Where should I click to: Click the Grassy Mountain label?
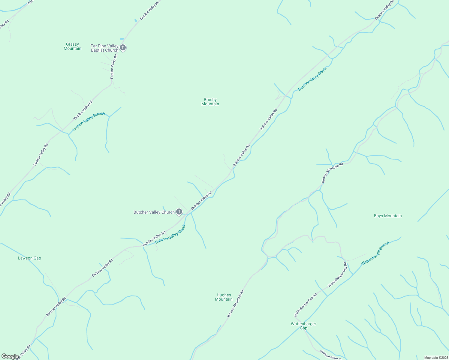(72, 46)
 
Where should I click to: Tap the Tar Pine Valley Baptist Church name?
(104, 48)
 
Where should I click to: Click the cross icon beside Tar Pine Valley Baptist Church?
(122, 47)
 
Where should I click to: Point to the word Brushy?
(210, 100)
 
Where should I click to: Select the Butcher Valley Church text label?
(154, 212)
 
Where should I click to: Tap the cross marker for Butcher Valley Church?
(179, 212)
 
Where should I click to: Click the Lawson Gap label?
(29, 258)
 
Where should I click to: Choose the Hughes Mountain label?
(224, 297)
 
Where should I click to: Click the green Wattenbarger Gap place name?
(303, 326)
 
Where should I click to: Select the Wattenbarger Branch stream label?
(375, 253)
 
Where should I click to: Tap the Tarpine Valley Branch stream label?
(89, 121)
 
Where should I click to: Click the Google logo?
(10, 356)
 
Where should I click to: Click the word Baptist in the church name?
(97, 50)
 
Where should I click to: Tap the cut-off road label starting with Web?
(30, 2)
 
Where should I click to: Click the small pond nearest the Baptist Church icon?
(122, 39)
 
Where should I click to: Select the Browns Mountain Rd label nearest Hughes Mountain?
(235, 304)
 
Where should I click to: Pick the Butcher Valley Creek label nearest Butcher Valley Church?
(170, 234)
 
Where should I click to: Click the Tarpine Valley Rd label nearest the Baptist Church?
(113, 67)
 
